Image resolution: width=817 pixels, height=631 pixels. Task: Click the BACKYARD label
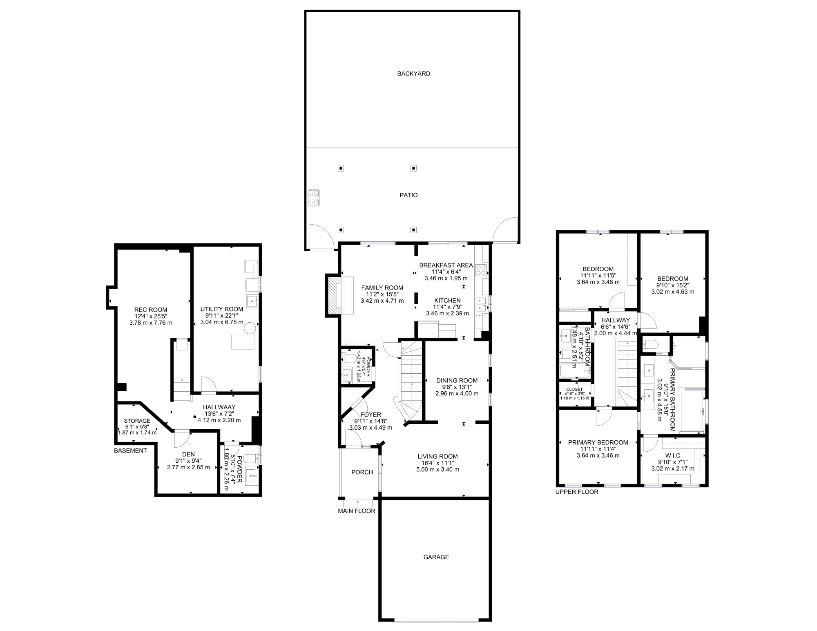[x=413, y=74]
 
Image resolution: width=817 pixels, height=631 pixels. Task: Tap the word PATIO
[x=408, y=195]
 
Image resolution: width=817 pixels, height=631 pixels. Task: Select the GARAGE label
[x=436, y=557]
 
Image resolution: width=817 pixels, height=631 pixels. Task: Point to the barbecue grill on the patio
[x=313, y=198]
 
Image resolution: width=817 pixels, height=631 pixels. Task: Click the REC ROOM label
[x=151, y=310]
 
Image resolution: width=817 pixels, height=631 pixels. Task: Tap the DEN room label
[x=188, y=454]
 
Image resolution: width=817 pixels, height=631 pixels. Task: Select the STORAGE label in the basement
[x=137, y=421]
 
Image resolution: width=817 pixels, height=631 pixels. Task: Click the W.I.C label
[x=673, y=456]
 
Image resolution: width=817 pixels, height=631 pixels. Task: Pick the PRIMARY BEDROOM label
[x=598, y=442]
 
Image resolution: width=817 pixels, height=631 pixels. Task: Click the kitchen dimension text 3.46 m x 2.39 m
[x=447, y=313]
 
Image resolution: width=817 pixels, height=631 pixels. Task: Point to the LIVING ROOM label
[x=438, y=457]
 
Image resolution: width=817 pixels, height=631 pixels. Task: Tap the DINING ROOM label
[x=457, y=380]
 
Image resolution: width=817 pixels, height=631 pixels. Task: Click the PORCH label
[x=362, y=472]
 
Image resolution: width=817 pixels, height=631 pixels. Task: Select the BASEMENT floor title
[x=130, y=450]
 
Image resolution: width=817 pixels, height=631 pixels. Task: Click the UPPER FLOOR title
[x=576, y=492]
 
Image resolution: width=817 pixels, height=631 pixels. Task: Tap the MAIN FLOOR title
[x=356, y=511]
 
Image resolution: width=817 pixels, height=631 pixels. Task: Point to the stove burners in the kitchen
[x=481, y=270]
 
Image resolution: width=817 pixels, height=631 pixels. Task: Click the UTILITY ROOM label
[x=221, y=309]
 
